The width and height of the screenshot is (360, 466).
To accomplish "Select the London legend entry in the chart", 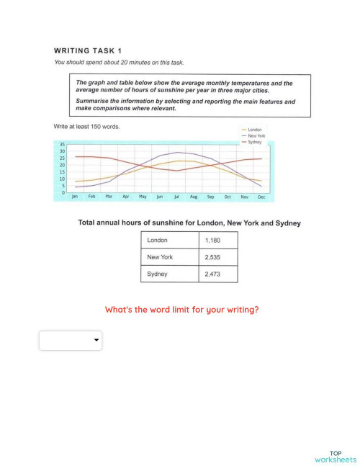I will point(254,130).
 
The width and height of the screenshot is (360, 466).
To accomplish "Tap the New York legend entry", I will point(256,136).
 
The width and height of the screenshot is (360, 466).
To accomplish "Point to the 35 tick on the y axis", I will point(63,145).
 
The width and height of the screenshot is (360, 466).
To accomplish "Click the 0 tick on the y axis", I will point(64,192).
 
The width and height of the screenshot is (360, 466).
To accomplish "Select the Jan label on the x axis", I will point(74,197).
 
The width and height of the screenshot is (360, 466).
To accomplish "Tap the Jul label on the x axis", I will point(176,197).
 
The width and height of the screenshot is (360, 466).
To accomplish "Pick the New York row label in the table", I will point(160,257).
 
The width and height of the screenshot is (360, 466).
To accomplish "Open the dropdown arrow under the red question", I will point(96,341).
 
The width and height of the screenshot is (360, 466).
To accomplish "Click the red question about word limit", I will point(181,310).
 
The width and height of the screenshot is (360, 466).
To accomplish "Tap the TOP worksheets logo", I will point(335,455).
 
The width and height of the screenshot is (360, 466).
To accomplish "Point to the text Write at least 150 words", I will point(87,127).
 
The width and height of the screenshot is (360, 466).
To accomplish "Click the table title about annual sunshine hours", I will point(189,223).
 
